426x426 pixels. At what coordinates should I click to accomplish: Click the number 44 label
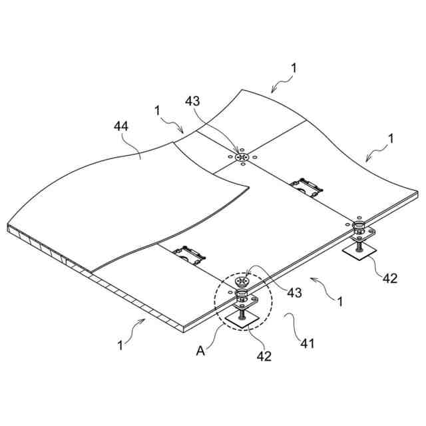(x=121, y=126)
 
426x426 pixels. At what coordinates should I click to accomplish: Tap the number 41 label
(x=306, y=344)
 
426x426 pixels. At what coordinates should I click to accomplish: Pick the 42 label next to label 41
(x=264, y=355)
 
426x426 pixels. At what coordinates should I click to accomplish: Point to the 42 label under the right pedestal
(x=390, y=278)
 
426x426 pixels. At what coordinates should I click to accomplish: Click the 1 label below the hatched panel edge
(x=120, y=345)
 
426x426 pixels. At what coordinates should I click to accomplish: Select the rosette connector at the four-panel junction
(x=242, y=157)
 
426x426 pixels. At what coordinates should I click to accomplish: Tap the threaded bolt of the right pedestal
(x=359, y=246)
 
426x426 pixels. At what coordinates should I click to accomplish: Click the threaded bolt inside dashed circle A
(x=242, y=310)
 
